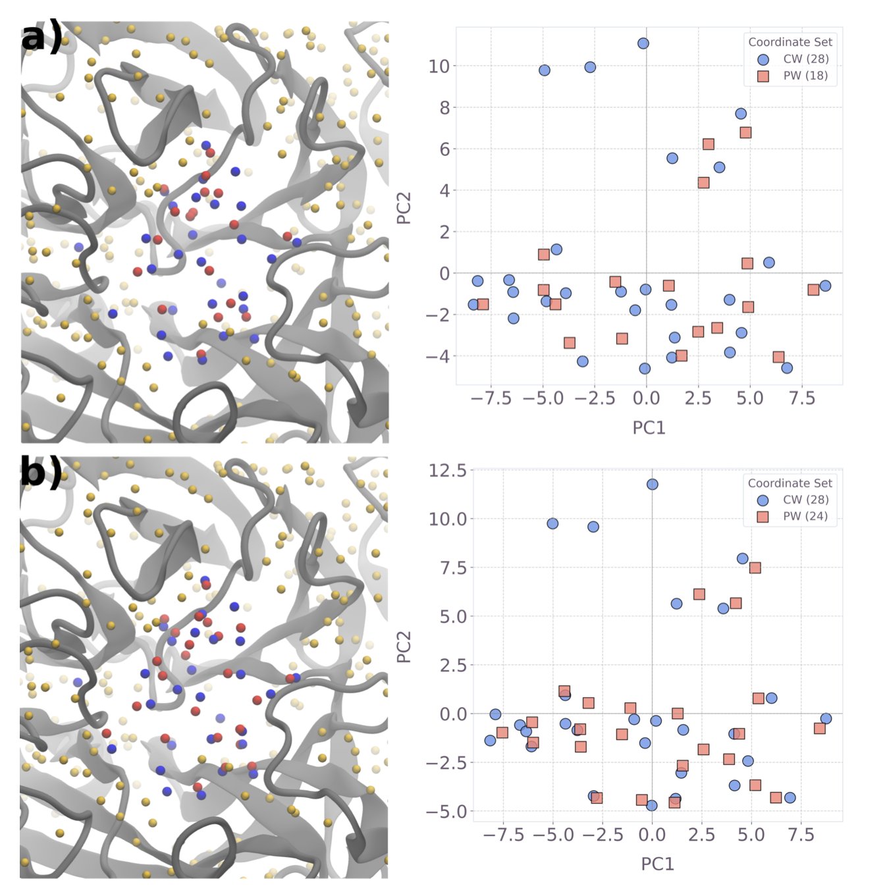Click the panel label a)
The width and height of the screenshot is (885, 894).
point(41,38)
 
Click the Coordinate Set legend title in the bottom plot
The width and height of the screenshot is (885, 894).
point(790,483)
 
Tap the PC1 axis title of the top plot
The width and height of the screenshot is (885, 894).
point(649,428)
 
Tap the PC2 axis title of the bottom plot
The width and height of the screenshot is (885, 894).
point(404,647)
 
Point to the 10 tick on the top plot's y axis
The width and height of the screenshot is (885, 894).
point(439,66)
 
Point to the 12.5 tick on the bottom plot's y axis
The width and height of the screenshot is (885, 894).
point(447,470)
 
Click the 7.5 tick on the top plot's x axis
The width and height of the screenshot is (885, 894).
point(801,398)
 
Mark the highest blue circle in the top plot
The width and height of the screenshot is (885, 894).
point(643,43)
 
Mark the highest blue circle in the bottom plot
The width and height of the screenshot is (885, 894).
point(652,485)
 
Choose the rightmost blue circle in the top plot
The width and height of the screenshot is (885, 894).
point(825,286)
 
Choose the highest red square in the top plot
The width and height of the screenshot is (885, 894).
point(745,132)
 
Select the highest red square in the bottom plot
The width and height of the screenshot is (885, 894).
point(755,567)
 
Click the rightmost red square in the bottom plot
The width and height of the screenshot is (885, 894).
point(819,728)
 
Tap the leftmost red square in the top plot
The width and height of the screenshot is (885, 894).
point(483,304)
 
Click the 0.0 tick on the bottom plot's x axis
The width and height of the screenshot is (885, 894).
point(652,835)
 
